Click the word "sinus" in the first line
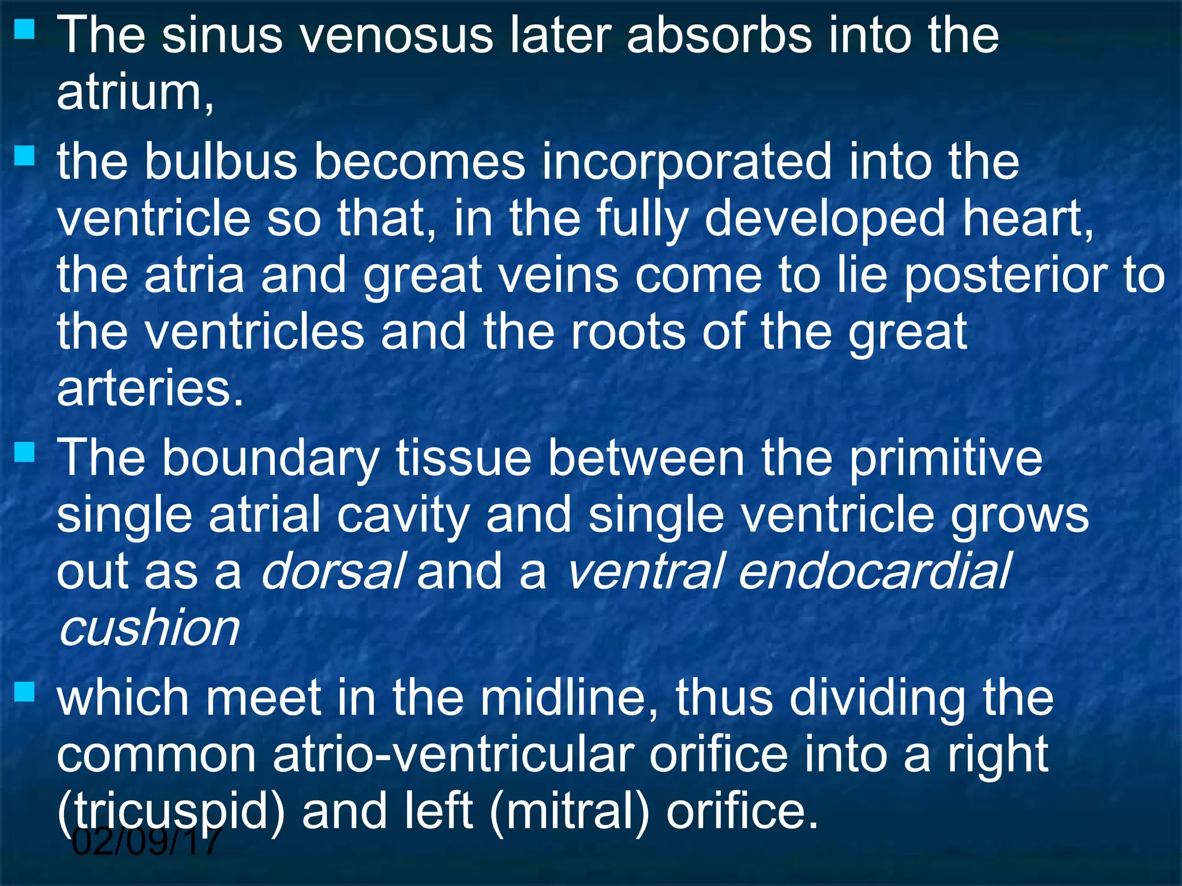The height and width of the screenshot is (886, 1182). [222, 36]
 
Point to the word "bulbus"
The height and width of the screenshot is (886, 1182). [220, 162]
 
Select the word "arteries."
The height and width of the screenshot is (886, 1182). [150, 389]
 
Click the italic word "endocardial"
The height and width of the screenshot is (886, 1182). [874, 572]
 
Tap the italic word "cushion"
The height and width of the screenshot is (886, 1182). [149, 628]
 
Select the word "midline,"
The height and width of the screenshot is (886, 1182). [568, 698]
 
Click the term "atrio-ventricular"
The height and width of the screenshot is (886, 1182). [453, 754]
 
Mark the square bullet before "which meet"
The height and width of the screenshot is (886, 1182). [24, 690]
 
